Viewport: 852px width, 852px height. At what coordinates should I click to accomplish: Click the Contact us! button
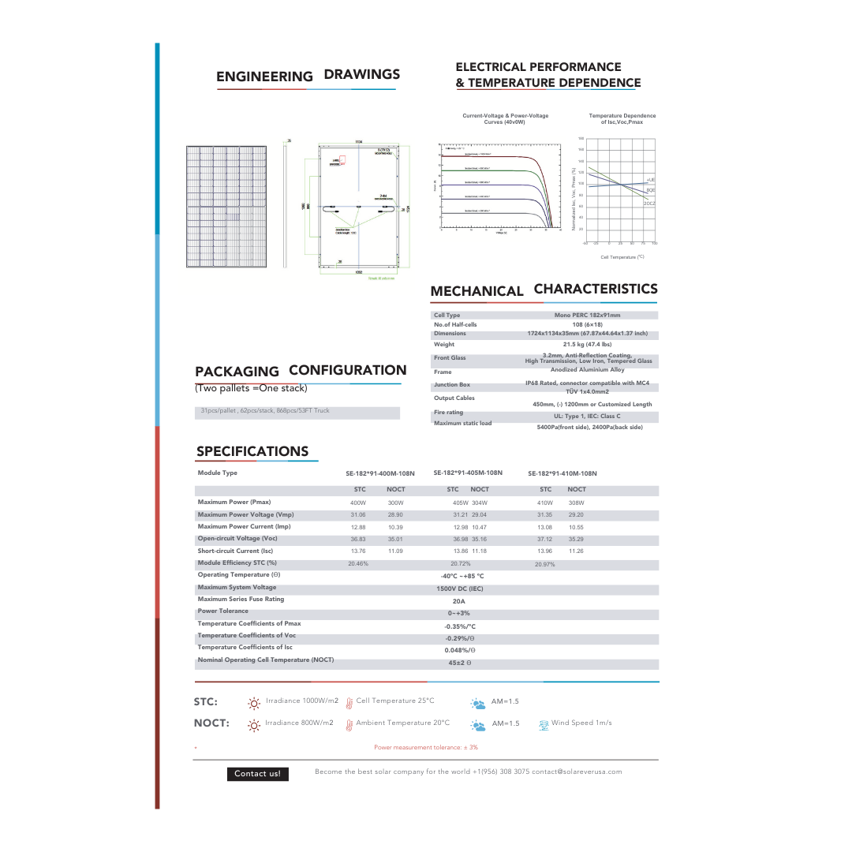257,774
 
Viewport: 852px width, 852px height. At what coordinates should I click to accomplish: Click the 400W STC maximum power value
358,503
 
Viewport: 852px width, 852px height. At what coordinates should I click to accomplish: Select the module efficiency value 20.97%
545,565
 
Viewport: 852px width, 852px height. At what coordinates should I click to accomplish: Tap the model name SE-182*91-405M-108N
468,473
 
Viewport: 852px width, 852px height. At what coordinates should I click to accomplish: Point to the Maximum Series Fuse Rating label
241,600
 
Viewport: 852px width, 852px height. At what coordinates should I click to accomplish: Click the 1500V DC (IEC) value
460,589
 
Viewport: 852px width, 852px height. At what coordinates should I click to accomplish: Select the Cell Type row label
447,316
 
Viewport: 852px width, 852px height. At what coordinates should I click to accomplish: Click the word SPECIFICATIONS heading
252,451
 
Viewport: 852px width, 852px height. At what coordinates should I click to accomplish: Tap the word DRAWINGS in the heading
362,75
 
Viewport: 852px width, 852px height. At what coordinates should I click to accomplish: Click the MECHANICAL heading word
476,291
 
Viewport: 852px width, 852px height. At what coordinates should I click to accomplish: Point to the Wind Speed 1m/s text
581,723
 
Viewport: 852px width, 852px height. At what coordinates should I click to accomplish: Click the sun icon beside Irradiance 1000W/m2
254,702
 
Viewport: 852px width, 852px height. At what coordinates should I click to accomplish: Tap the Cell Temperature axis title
622,257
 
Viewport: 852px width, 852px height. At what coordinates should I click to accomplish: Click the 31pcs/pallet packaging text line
265,411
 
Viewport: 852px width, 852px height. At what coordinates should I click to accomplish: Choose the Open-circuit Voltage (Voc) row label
237,539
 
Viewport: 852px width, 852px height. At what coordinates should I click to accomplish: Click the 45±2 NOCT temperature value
460,663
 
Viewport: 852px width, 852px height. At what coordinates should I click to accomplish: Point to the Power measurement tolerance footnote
425,747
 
